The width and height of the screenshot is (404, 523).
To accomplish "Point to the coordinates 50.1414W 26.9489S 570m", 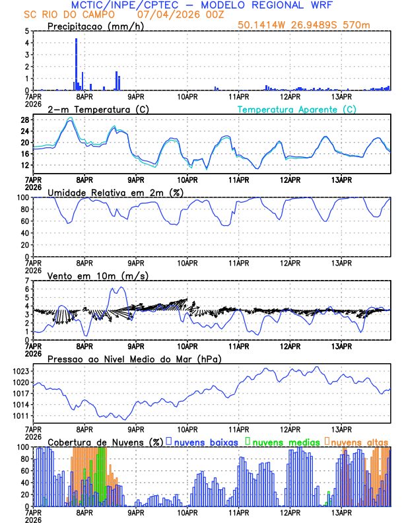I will point(313,25).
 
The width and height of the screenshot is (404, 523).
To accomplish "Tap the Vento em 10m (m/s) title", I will point(92,275).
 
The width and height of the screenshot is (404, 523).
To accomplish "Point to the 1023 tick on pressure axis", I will point(20,371).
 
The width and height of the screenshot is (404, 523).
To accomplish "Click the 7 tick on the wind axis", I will point(26,281).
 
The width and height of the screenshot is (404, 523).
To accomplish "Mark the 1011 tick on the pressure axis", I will point(20,416).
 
